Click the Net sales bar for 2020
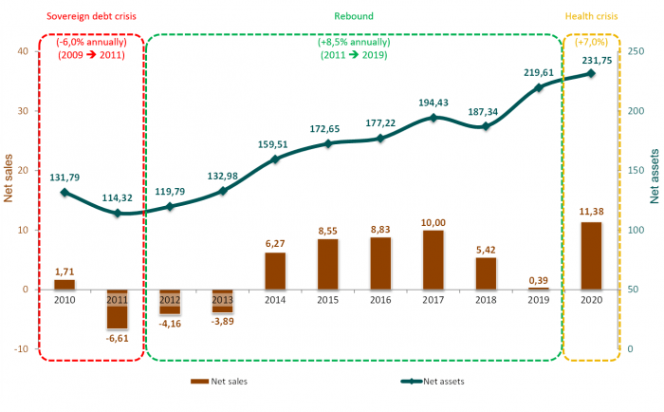point(590,255)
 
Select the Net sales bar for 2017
point(433,259)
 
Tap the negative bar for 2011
point(118,309)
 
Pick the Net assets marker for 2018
point(486,126)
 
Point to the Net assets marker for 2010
point(65,193)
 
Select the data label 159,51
point(274,144)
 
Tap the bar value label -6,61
point(118,338)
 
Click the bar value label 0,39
point(539,280)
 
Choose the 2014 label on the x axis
point(275,300)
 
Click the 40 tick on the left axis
point(23,50)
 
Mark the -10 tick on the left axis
point(21,349)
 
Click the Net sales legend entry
point(224,382)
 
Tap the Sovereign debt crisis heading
point(91,16)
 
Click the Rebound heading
point(354,16)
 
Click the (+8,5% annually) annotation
point(353,42)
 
